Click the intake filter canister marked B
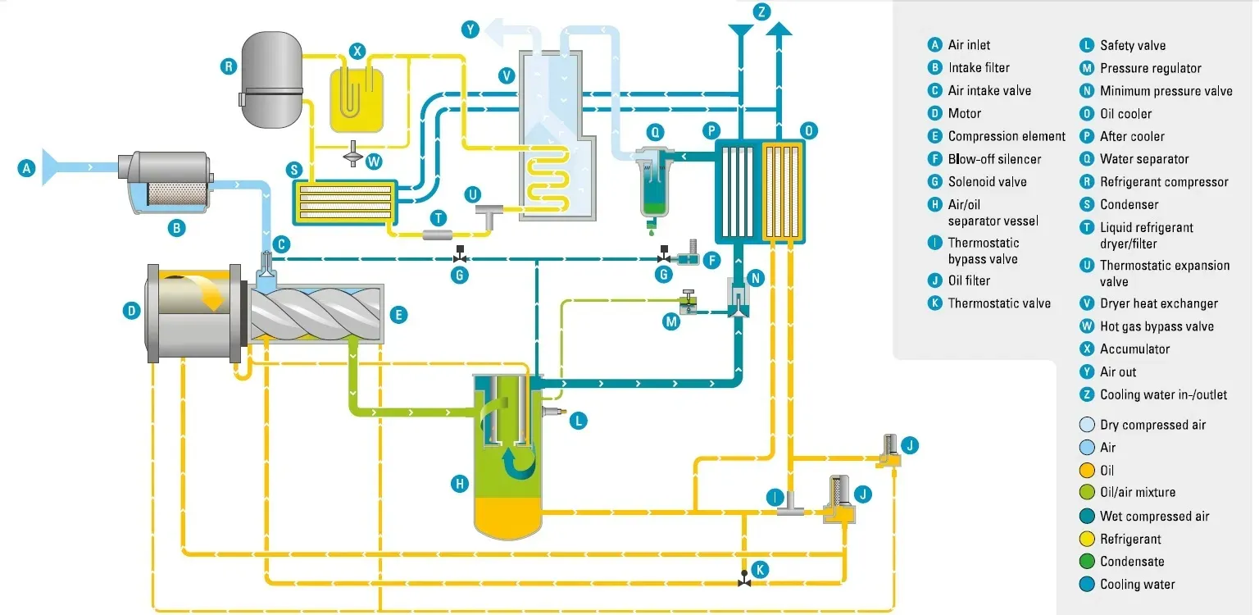(x=168, y=182)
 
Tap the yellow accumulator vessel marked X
(x=357, y=100)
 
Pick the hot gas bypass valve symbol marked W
(x=353, y=153)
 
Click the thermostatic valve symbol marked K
(x=743, y=577)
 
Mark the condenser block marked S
(x=344, y=200)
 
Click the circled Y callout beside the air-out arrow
(x=470, y=30)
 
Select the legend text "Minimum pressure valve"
(x=1166, y=91)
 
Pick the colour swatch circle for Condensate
(x=1087, y=562)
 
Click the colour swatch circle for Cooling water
(x=1087, y=585)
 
